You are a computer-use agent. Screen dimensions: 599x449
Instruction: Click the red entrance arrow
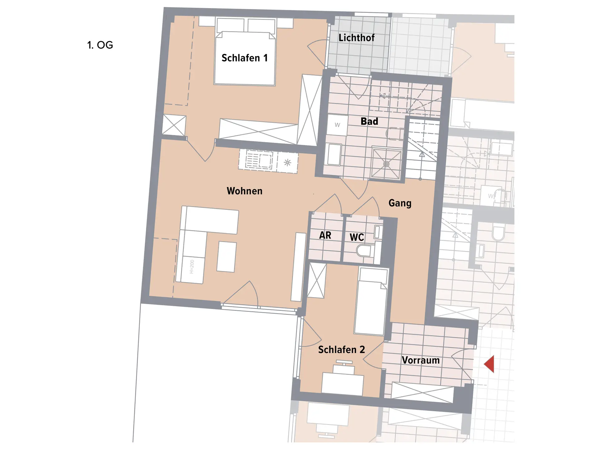[489, 364]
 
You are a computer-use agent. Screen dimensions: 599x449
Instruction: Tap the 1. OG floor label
[100, 45]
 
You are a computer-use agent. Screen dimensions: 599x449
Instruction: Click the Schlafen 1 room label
[245, 58]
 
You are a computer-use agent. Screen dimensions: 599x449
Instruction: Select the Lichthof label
[357, 38]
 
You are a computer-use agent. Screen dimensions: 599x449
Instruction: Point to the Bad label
[369, 121]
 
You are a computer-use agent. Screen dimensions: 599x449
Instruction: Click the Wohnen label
[245, 191]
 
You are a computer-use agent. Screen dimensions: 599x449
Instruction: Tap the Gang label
[400, 203]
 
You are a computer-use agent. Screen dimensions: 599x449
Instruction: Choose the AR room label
[325, 235]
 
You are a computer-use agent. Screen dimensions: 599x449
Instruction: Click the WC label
[357, 237]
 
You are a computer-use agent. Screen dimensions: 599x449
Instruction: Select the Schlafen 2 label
[342, 350]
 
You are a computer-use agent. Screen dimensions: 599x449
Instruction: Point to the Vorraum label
[421, 360]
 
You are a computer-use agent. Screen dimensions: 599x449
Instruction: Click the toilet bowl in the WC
[365, 251]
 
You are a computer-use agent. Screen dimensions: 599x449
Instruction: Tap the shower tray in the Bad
[386, 164]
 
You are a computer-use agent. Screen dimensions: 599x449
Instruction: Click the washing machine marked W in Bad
[337, 125]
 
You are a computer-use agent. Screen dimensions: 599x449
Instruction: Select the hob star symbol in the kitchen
[287, 162]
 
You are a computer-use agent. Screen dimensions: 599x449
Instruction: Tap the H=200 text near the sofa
[192, 267]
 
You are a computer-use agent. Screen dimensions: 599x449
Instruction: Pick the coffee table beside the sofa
[226, 257]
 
